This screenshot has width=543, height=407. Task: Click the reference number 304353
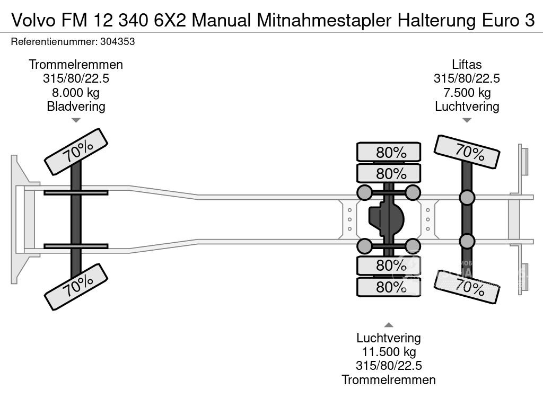coord(117,41)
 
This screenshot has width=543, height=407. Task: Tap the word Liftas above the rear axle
coord(467,65)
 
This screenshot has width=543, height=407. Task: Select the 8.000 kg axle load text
coord(76,92)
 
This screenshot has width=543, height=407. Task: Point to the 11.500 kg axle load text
coord(389,352)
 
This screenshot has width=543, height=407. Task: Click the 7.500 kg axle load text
coord(467,92)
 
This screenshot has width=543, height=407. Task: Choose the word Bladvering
coord(76,106)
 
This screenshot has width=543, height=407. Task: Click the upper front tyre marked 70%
coord(76,152)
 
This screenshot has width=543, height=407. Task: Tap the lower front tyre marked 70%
coord(76,287)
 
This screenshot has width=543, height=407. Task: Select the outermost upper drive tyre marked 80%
coord(389,152)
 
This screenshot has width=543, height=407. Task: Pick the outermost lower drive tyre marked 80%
coord(389,287)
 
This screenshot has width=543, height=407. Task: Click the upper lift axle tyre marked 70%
coord(467,152)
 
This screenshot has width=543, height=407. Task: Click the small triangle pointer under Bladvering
coord(76,120)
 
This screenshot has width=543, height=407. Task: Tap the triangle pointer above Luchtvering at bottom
coord(389,325)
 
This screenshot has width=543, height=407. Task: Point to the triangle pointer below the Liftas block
coord(467,120)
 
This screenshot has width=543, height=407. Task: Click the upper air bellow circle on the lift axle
coord(467,198)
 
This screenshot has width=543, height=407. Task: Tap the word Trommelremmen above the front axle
coord(76,65)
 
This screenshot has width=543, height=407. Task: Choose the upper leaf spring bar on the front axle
coord(76,192)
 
